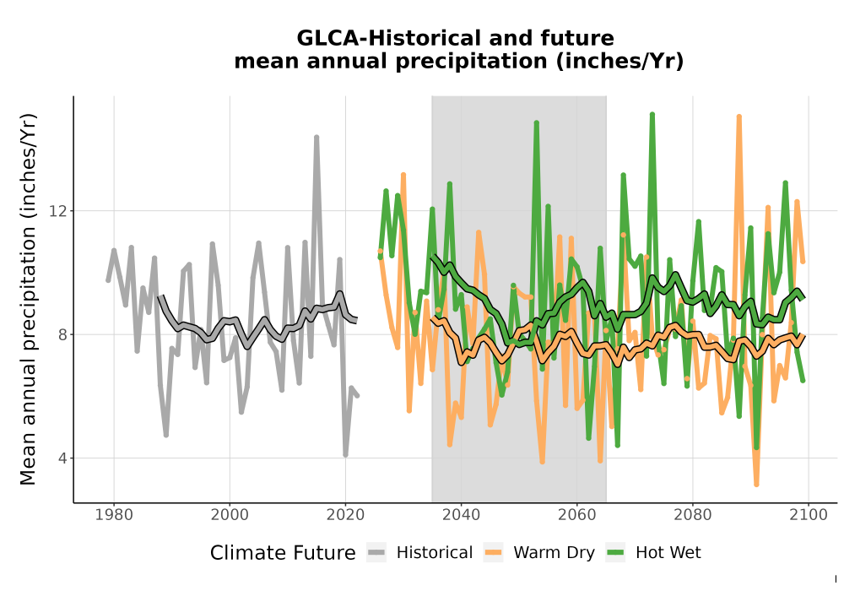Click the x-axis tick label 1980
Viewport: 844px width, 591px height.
(x=114, y=515)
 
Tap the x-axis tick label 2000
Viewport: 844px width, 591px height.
(x=230, y=515)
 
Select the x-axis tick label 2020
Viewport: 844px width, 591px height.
(x=345, y=515)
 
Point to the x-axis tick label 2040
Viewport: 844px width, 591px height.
(x=462, y=515)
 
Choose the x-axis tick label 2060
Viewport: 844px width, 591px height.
(x=577, y=515)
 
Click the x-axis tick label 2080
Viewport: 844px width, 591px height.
(x=693, y=515)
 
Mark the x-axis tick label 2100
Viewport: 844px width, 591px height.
(x=809, y=515)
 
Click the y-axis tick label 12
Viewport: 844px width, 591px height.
(x=58, y=211)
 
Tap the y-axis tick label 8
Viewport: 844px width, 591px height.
(x=63, y=335)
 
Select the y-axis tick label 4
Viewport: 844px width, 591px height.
(x=63, y=458)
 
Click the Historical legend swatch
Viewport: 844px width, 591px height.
(x=376, y=553)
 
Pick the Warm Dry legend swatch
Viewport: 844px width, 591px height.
(x=493, y=553)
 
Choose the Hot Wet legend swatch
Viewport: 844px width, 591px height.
(x=615, y=553)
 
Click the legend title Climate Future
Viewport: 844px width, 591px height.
(x=283, y=553)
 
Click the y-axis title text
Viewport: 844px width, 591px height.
(x=28, y=299)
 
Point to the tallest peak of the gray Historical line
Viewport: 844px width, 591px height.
(x=316, y=138)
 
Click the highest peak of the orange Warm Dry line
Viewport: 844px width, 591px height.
(x=739, y=117)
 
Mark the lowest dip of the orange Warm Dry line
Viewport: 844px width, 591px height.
(x=756, y=485)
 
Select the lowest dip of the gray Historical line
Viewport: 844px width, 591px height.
(x=345, y=455)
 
